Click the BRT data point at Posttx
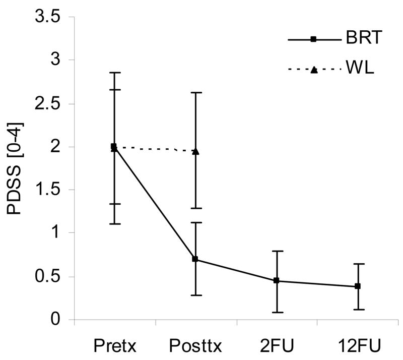tap(195, 259)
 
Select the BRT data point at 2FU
tap(277, 280)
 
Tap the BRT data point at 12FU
tap(358, 286)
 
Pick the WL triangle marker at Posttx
tap(195, 151)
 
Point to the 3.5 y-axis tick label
tap(47, 17)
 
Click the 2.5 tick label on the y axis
tap(47, 104)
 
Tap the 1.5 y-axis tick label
tap(47, 190)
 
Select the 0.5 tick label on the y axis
tap(47, 276)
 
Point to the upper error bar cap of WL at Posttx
tap(195, 93)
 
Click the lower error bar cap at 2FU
tap(277, 313)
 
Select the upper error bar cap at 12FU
tap(358, 264)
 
